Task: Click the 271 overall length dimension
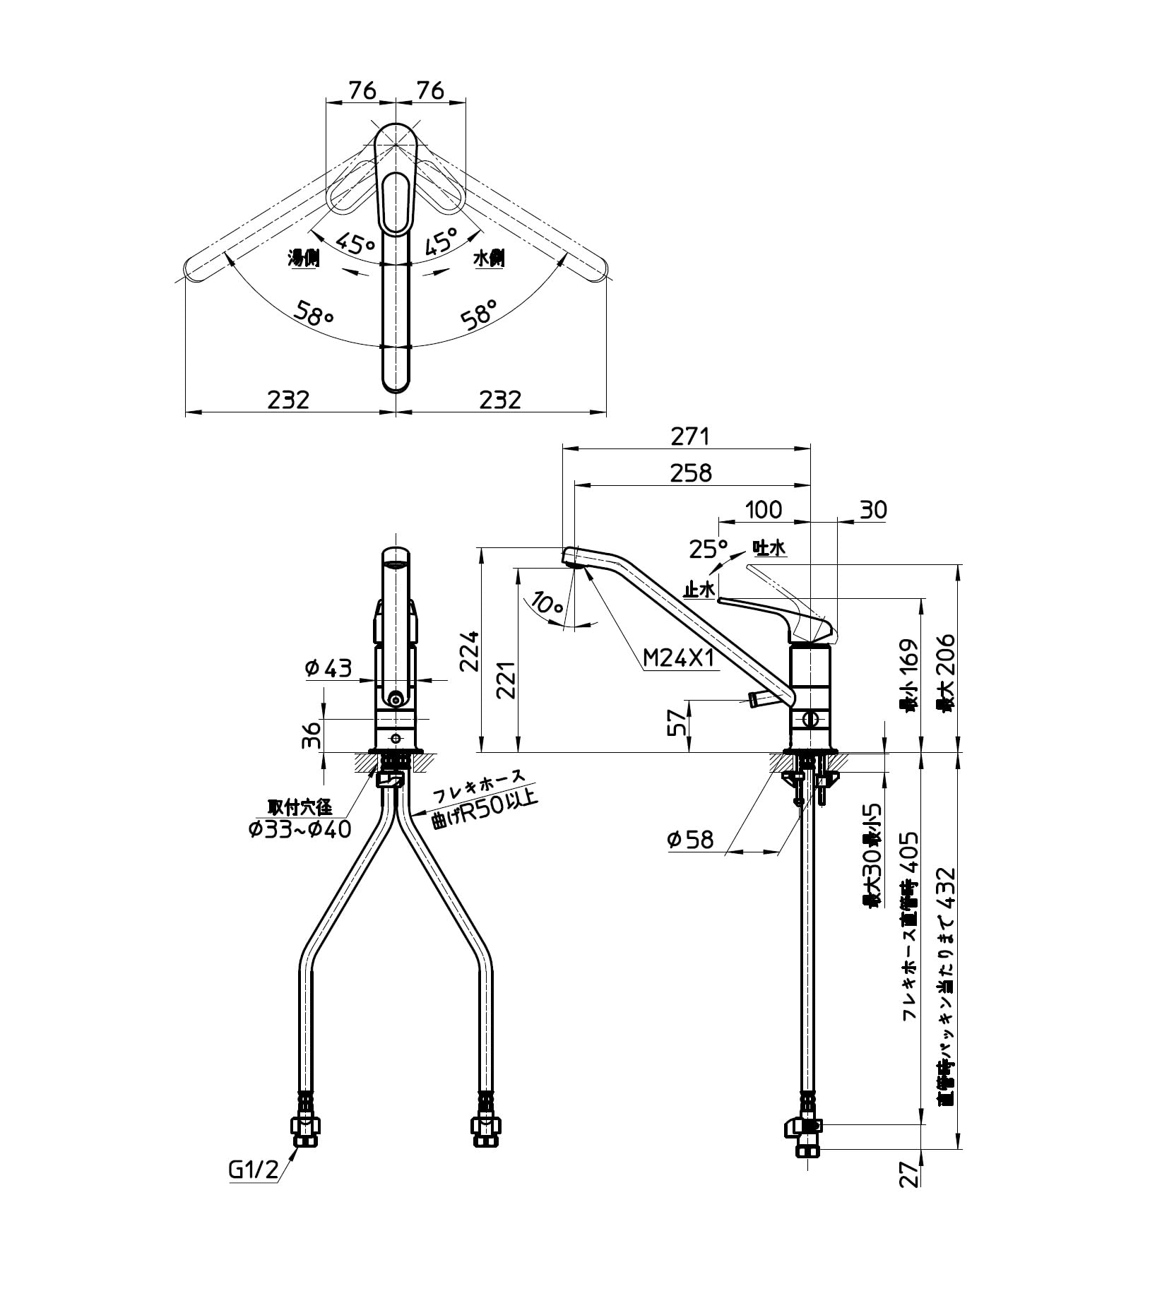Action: pos(689,437)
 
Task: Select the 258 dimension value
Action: pos(691,473)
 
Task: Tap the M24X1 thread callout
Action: pos(679,659)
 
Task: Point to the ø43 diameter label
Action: pos(328,667)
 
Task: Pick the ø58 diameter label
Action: pos(691,840)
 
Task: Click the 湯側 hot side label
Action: pos(304,258)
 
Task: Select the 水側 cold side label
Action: pos(489,258)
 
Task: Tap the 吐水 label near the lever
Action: pos(769,548)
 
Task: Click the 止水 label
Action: pos(699,588)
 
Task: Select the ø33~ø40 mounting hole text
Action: pos(300,829)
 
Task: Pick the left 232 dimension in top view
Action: pos(288,400)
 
